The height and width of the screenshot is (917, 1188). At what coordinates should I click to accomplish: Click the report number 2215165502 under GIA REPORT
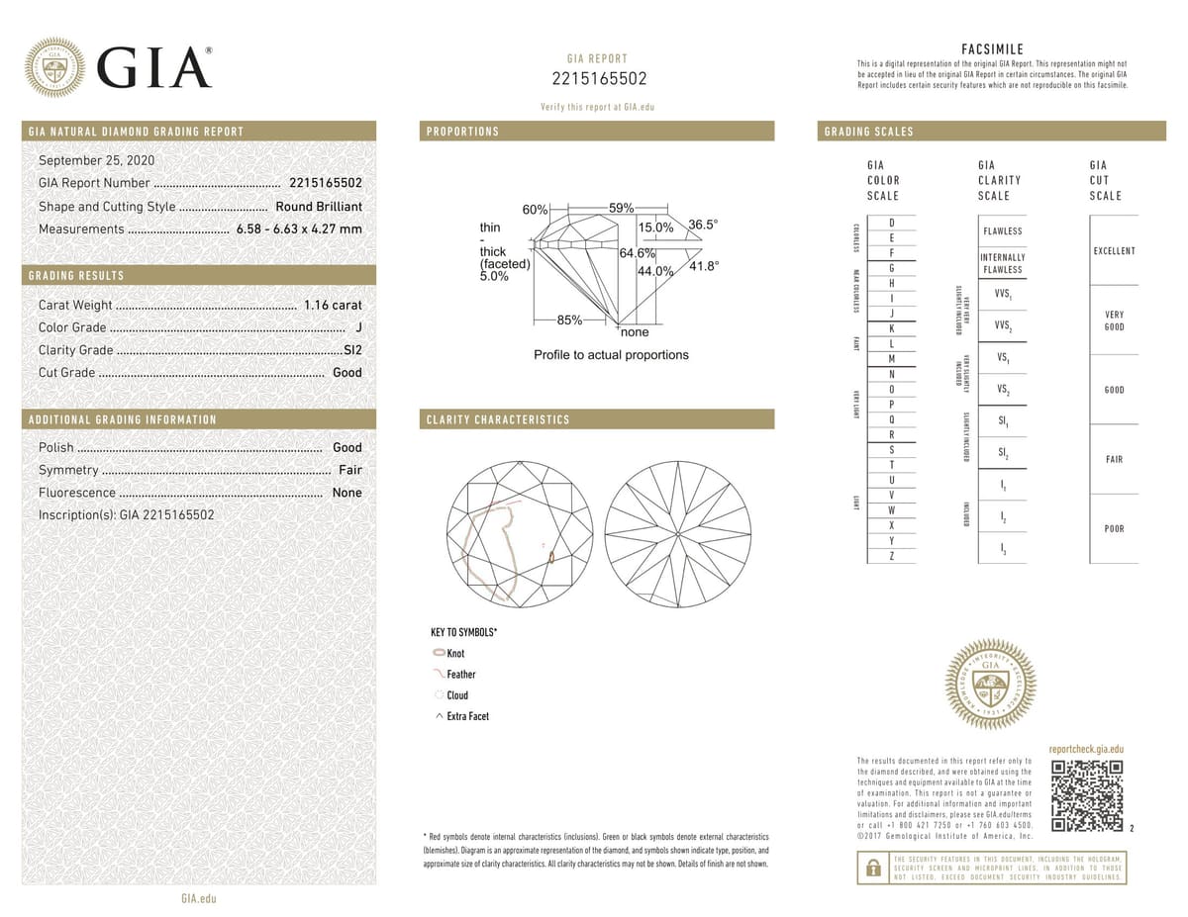(598, 79)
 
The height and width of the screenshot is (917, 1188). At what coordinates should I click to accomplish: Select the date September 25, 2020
(96, 160)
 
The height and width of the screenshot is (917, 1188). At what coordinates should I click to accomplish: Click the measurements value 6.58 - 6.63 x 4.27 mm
(299, 229)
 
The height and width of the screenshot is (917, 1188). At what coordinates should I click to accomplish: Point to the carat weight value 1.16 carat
(333, 305)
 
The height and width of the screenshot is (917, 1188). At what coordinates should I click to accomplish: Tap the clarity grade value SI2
(351, 350)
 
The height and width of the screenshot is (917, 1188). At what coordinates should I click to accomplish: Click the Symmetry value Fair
(349, 470)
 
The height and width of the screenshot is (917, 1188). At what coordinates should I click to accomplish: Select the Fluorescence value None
(346, 493)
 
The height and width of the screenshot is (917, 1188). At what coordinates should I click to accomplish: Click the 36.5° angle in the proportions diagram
(703, 225)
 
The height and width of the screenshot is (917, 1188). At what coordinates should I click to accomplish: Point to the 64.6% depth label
(639, 253)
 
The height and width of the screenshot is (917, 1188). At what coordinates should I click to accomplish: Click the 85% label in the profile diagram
(569, 320)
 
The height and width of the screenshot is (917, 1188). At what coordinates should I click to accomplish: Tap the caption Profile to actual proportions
(611, 354)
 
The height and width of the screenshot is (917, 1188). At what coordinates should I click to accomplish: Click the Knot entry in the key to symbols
(454, 654)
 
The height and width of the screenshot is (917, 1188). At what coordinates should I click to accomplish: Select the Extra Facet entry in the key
(467, 716)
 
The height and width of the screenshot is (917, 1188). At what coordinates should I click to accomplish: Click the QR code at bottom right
(1087, 796)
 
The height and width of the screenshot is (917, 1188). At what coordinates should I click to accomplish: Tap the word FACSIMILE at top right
(992, 49)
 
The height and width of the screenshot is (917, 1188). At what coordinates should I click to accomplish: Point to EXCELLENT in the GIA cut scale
(1114, 251)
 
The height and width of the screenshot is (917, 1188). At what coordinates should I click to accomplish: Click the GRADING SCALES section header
(869, 132)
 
